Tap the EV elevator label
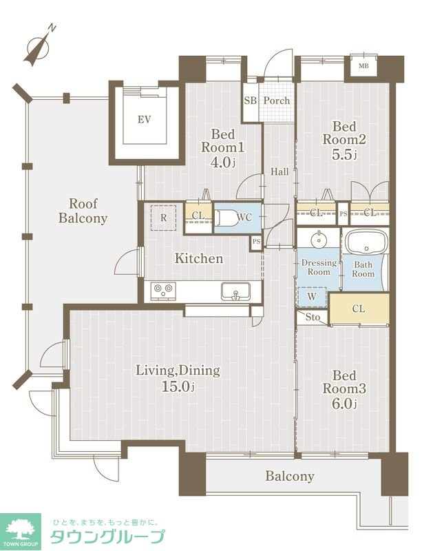tap(144, 120)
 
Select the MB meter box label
tap(363, 65)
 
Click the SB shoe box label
tap(250, 101)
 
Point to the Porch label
tap(277, 101)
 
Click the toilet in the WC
tap(225, 218)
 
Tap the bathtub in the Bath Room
tap(366, 242)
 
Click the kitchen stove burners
tap(163, 291)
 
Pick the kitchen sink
tap(235, 291)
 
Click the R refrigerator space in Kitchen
tap(163, 218)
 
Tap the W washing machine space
tap(312, 297)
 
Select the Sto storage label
tap(313, 318)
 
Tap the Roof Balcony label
tap(83, 211)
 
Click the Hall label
tap(279, 171)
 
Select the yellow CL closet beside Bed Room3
tap(359, 309)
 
